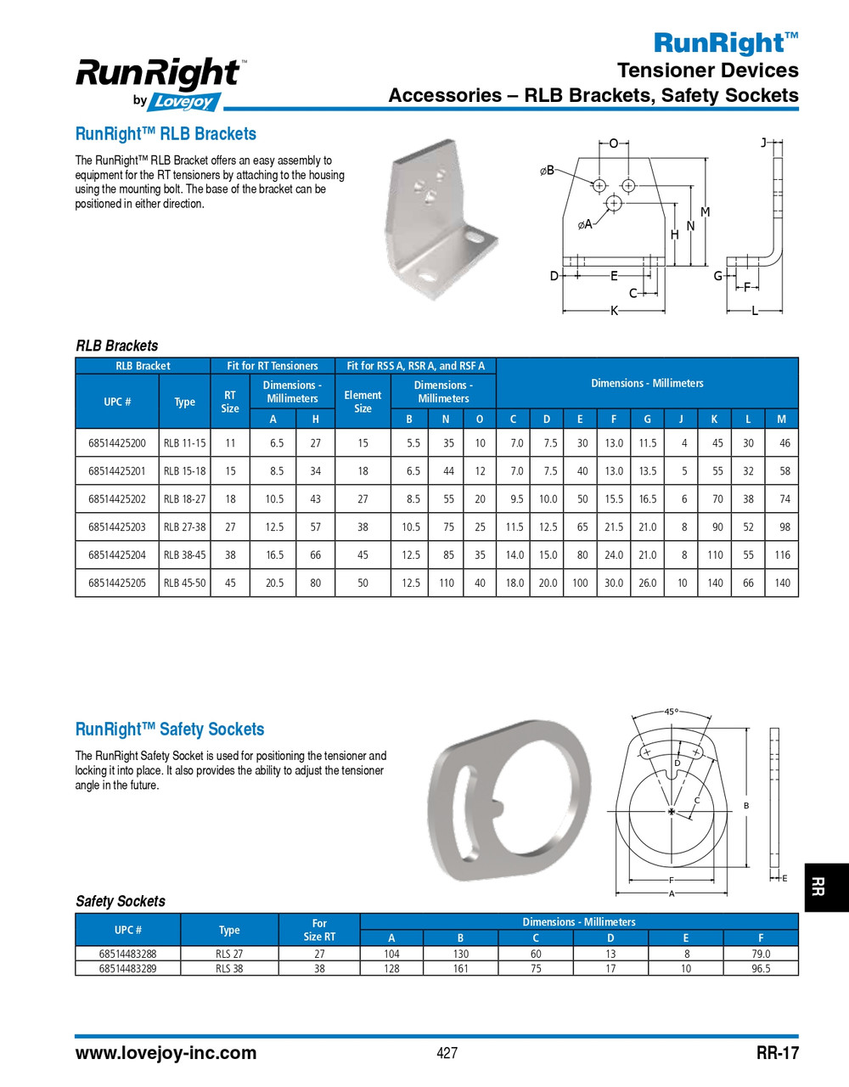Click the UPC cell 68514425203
116,527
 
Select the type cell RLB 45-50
184,583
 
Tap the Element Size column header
363,402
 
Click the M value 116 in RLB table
782,555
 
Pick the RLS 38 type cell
229,968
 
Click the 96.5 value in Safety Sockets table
761,968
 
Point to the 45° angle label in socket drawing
671,712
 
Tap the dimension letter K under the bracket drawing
614,312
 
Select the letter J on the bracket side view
763,142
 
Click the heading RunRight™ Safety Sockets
170,729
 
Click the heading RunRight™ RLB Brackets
166,134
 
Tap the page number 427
447,1053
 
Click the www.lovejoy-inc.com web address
166,1053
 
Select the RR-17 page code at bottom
777,1053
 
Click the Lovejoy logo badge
185,102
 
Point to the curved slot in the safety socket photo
463,812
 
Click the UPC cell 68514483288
127,954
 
